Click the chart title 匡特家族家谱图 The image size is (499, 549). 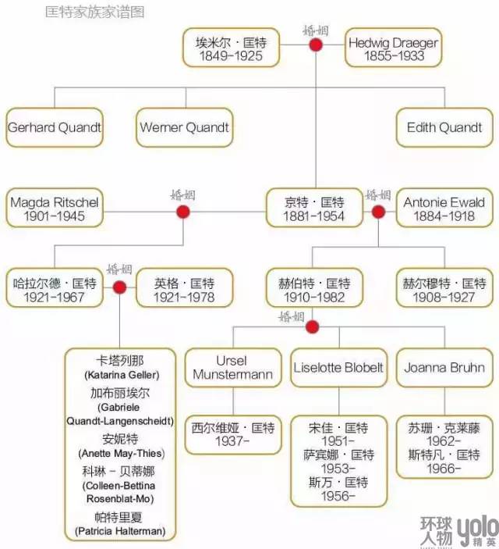coord(95,12)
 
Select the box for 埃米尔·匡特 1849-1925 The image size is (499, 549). coord(232,49)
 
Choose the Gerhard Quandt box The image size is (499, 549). coord(55,127)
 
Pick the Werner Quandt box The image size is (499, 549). coord(185,127)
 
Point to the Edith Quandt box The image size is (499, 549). coord(444,127)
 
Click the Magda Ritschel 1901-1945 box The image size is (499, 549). coord(55,209)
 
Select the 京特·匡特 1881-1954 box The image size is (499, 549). coord(314,209)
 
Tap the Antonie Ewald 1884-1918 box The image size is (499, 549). coord(444,209)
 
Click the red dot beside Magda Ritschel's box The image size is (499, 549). coord(183,212)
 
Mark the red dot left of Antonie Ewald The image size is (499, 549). coord(378,212)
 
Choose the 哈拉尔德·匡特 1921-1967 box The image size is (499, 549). coord(55,289)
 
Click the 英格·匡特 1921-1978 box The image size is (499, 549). coord(184,289)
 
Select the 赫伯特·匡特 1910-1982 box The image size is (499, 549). coord(314,289)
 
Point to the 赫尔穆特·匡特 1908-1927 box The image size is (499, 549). coord(444,289)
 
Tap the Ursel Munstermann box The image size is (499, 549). coord(232,367)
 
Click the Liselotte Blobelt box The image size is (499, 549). coord(339,367)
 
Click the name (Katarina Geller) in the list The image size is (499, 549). coord(120,376)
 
